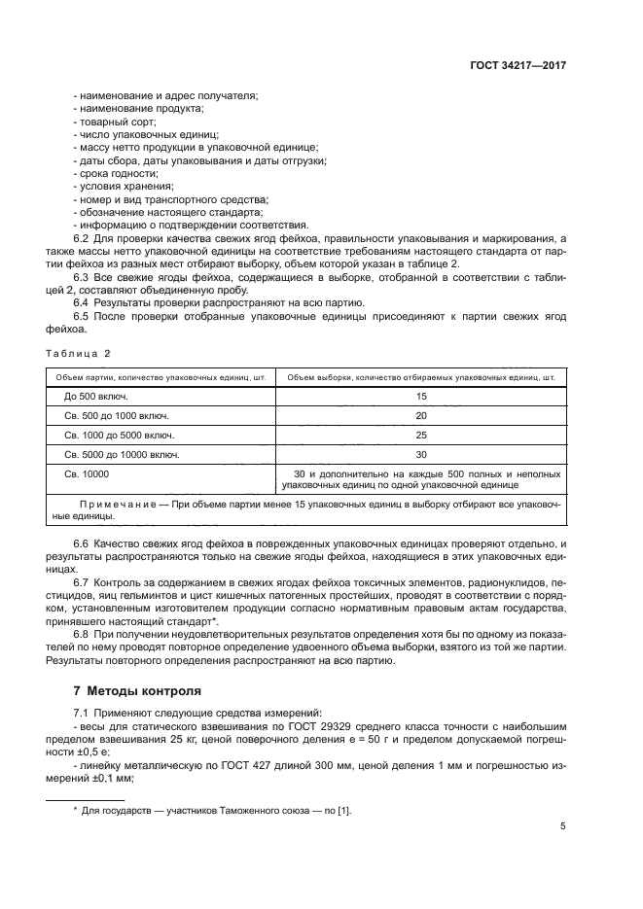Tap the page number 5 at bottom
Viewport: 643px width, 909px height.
pyautogui.click(x=563, y=827)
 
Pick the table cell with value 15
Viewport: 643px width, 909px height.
pyautogui.click(x=420, y=397)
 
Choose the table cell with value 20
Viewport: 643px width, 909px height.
pyautogui.click(x=420, y=415)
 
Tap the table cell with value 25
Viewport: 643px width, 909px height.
pyautogui.click(x=420, y=435)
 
